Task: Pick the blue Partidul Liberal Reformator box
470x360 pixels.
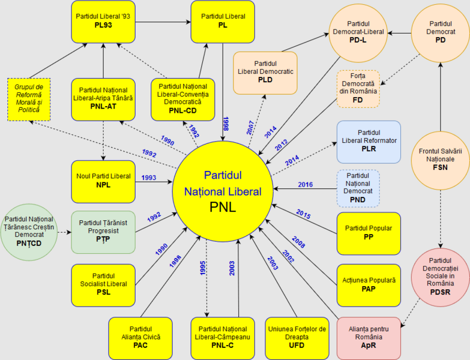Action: click(369, 142)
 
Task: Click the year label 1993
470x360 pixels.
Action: click(150, 178)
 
